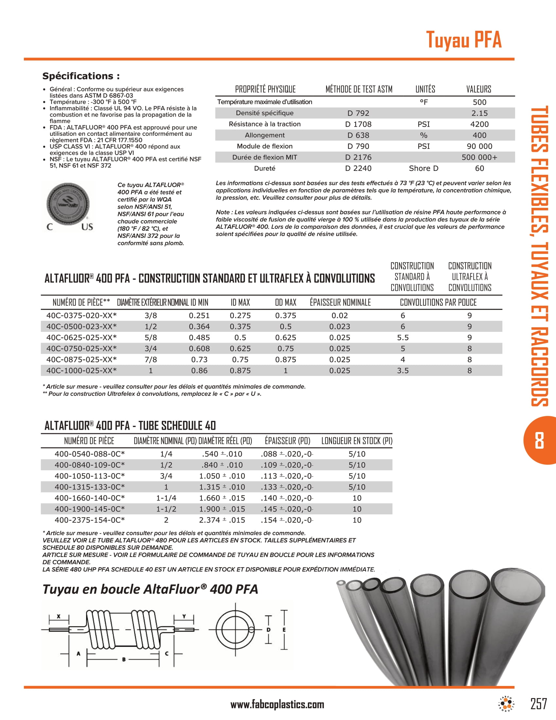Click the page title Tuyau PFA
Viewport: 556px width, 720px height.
pyautogui.click(x=463, y=40)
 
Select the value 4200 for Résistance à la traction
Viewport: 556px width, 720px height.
pyautogui.click(x=479, y=124)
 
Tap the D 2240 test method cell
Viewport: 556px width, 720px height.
pyautogui.click(x=358, y=169)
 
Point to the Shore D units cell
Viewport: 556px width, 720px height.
pyautogui.click(x=423, y=169)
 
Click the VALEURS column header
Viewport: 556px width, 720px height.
pyautogui.click(x=478, y=89)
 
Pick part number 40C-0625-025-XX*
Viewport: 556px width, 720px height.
pyautogui.click(x=81, y=338)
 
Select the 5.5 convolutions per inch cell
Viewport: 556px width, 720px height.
pyautogui.click(x=403, y=338)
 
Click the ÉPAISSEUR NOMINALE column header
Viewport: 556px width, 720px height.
pyautogui.click(x=340, y=302)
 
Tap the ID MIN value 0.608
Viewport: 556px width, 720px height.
pyautogui.click(x=199, y=349)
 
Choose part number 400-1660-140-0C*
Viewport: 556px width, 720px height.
pyautogui.click(x=90, y=498)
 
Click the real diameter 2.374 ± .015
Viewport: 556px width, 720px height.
pyautogui.click(x=222, y=520)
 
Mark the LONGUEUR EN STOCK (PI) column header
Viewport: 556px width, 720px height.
pyautogui.click(x=357, y=441)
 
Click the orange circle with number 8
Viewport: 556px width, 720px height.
pyautogui.click(x=539, y=441)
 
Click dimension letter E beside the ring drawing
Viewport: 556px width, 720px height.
pyautogui.click(x=284, y=630)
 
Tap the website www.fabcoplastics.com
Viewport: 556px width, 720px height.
pyautogui.click(x=277, y=705)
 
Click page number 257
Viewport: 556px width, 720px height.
pyautogui.click(x=539, y=704)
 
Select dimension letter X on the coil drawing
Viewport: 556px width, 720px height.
pyautogui.click(x=59, y=616)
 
